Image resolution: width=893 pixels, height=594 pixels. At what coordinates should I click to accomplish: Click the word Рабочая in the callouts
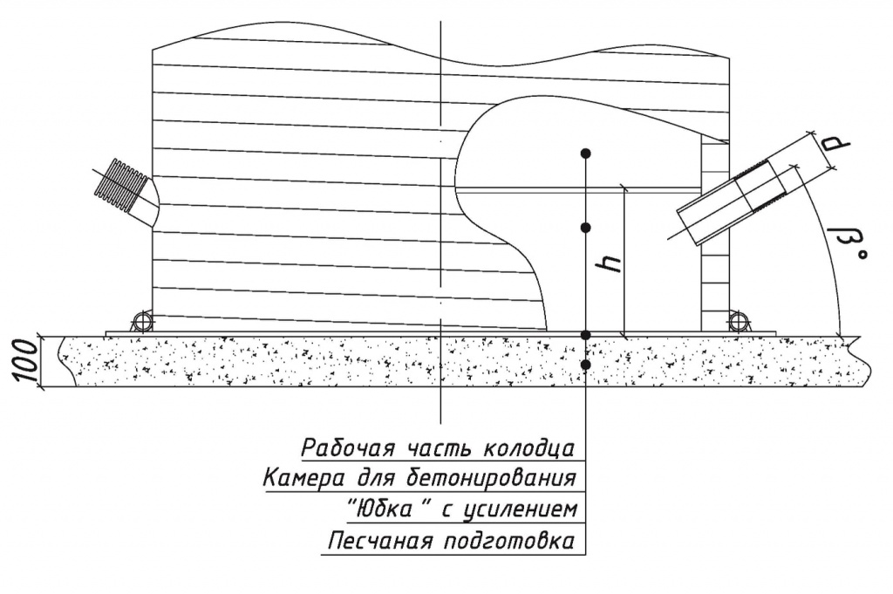[x=347, y=447]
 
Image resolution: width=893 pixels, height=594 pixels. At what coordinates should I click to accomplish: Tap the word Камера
[x=303, y=478]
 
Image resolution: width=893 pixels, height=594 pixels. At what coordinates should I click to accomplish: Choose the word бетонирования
[x=491, y=477]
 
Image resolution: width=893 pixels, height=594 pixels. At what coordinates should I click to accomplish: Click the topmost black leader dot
[x=585, y=154]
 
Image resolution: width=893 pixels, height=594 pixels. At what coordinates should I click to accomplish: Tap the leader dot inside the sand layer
[x=585, y=364]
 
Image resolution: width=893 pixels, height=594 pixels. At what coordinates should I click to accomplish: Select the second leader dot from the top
[x=585, y=228]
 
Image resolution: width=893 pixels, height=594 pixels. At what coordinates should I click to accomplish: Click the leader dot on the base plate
[x=585, y=336]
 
